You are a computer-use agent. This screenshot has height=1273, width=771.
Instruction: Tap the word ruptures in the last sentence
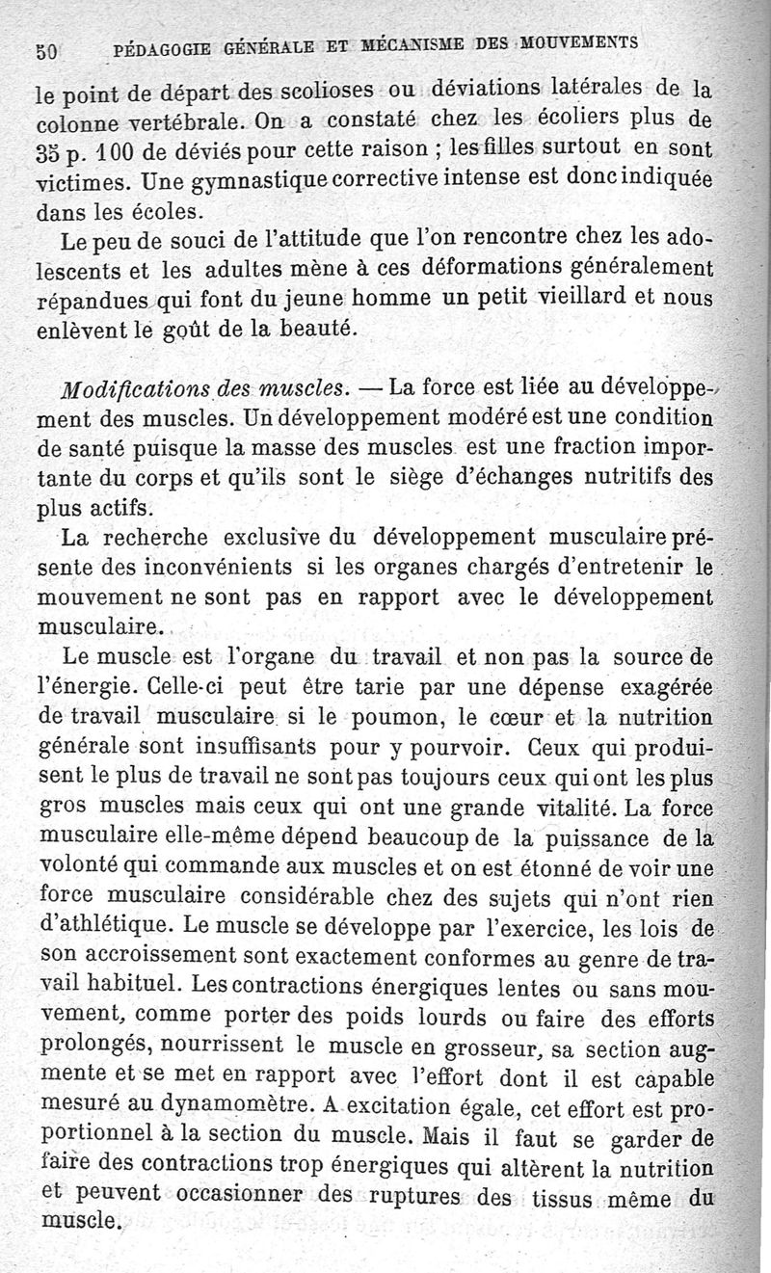pos(415,1200)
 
